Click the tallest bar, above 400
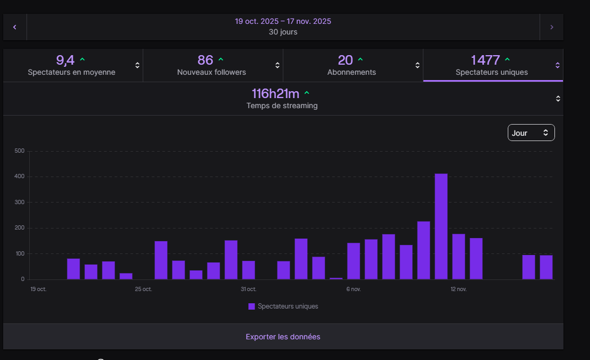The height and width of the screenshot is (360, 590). pyautogui.click(x=441, y=226)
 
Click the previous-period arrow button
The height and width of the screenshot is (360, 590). pyautogui.click(x=15, y=27)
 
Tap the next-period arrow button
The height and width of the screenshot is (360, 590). pyautogui.click(x=552, y=27)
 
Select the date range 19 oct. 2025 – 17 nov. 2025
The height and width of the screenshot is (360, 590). pyautogui.click(x=283, y=21)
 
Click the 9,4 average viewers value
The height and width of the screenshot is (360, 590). pyautogui.click(x=65, y=60)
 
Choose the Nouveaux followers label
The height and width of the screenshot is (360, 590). pyautogui.click(x=211, y=72)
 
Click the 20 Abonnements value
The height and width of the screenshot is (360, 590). pyautogui.click(x=345, y=60)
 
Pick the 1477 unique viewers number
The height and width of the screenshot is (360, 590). pyautogui.click(x=485, y=60)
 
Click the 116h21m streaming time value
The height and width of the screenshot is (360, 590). pyautogui.click(x=275, y=94)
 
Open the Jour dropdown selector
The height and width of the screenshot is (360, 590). pyautogui.click(x=531, y=133)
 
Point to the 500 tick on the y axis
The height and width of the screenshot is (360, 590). pyautogui.click(x=20, y=151)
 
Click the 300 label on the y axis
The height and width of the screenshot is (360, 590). pyautogui.click(x=20, y=203)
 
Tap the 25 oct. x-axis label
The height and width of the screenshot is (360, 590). pyautogui.click(x=143, y=289)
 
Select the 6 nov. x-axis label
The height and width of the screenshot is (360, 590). pyautogui.click(x=353, y=289)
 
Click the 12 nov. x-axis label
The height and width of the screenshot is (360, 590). pyautogui.click(x=458, y=289)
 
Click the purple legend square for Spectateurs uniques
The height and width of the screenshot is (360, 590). pyautogui.click(x=251, y=306)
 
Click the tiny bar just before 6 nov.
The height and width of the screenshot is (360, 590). pyautogui.click(x=336, y=278)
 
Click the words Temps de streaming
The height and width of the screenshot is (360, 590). pyautogui.click(x=282, y=106)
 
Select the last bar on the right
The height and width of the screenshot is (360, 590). pyautogui.click(x=546, y=267)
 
